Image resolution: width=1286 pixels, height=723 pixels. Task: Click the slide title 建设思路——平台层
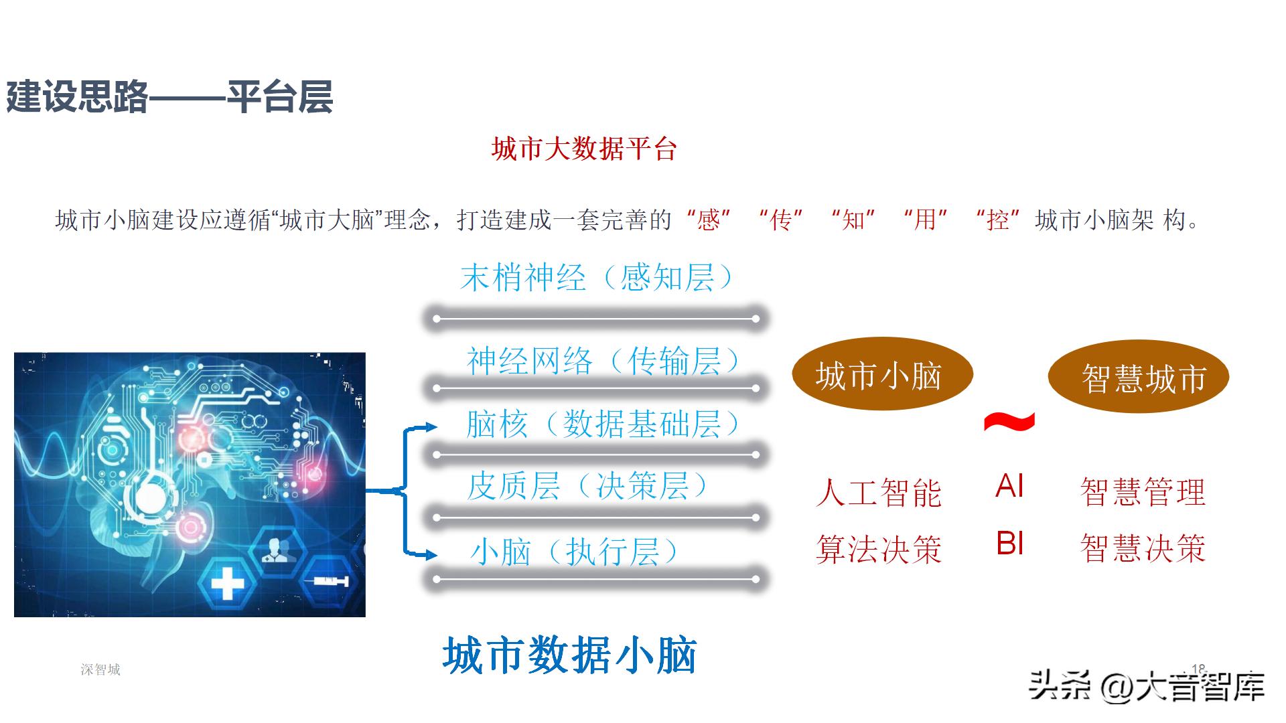[169, 98]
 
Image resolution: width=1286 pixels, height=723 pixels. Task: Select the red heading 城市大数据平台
[584, 149]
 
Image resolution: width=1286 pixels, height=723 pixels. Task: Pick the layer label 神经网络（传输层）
[603, 361]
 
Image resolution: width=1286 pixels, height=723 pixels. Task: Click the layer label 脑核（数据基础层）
[603, 424]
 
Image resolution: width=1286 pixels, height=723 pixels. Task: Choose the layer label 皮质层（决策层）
[587, 486]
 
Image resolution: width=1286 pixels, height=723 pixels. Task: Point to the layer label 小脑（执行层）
[574, 553]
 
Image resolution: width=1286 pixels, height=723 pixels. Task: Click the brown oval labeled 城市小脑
[881, 374]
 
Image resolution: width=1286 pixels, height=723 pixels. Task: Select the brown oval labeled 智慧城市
[1139, 377]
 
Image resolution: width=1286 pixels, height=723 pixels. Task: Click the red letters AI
[1009, 486]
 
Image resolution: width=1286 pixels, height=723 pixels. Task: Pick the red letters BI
[1009, 544]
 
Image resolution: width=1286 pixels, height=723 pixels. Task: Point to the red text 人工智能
[879, 493]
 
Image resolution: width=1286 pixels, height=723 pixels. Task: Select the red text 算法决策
[879, 550]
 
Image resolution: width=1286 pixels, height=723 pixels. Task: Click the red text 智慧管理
[1143, 493]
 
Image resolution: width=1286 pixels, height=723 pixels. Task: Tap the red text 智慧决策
[1143, 548]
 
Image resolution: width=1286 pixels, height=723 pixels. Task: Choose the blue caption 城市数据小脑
[570, 655]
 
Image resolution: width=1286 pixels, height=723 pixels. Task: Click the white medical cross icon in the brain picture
[227, 583]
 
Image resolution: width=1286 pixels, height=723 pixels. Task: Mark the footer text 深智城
[100, 669]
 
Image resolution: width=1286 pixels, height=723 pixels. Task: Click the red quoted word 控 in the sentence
[997, 220]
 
